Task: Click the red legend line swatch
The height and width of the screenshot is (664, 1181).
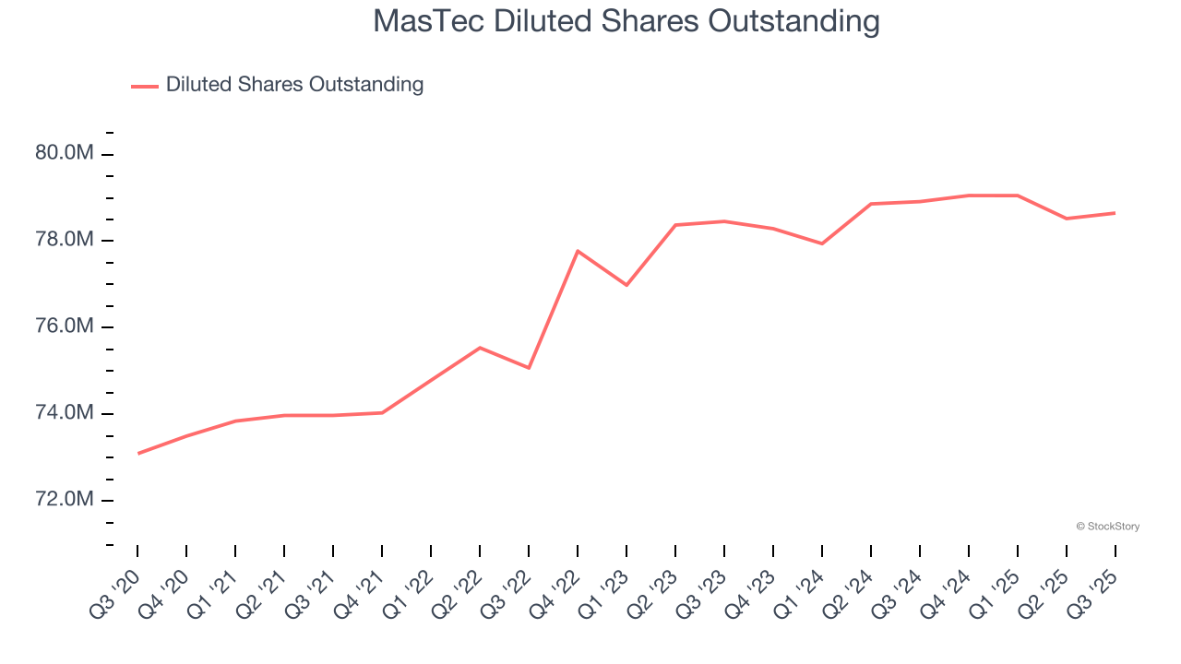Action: [145, 86]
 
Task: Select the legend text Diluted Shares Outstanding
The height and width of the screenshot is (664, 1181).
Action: [294, 85]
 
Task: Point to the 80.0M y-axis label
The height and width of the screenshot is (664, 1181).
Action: [65, 153]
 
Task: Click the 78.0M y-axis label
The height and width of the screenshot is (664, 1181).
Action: [65, 240]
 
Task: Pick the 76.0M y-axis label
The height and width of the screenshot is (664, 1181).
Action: [65, 326]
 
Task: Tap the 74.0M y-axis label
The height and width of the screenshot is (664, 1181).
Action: [65, 413]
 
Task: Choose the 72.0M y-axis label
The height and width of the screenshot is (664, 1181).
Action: [65, 500]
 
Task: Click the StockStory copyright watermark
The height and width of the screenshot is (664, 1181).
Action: [1107, 527]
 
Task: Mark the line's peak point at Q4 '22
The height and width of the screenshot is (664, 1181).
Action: [578, 251]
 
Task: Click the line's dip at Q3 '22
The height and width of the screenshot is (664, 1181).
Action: [529, 368]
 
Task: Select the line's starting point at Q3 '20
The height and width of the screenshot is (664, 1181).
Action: [137, 454]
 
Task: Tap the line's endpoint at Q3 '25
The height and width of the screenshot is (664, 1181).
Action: [1115, 213]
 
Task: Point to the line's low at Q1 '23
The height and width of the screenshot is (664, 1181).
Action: [626, 285]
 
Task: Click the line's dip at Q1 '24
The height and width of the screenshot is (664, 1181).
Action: [822, 243]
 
